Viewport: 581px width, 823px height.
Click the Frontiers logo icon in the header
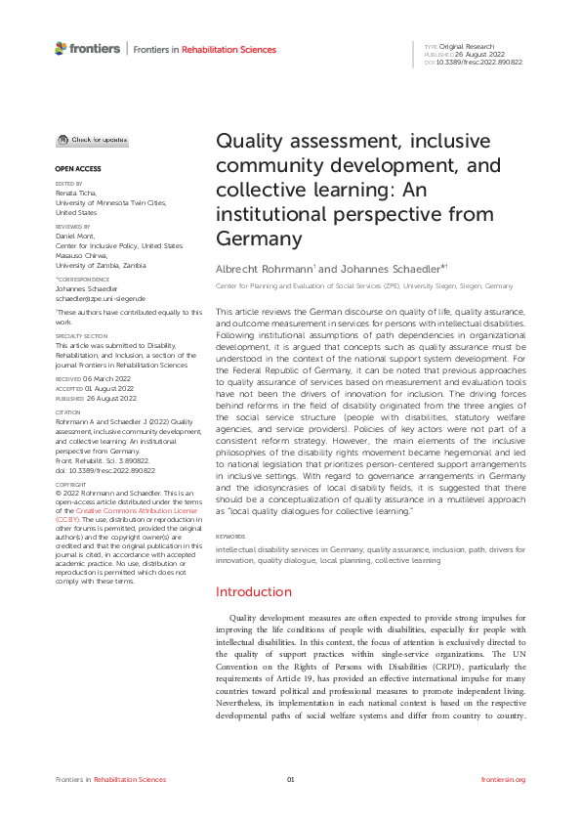(61, 47)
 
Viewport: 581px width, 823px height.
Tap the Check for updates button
(91, 142)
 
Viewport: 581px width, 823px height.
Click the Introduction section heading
(253, 591)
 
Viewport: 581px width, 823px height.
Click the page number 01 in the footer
(290, 779)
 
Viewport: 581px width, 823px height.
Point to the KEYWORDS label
(230, 537)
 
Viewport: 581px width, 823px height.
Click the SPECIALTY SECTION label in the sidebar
(81, 335)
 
